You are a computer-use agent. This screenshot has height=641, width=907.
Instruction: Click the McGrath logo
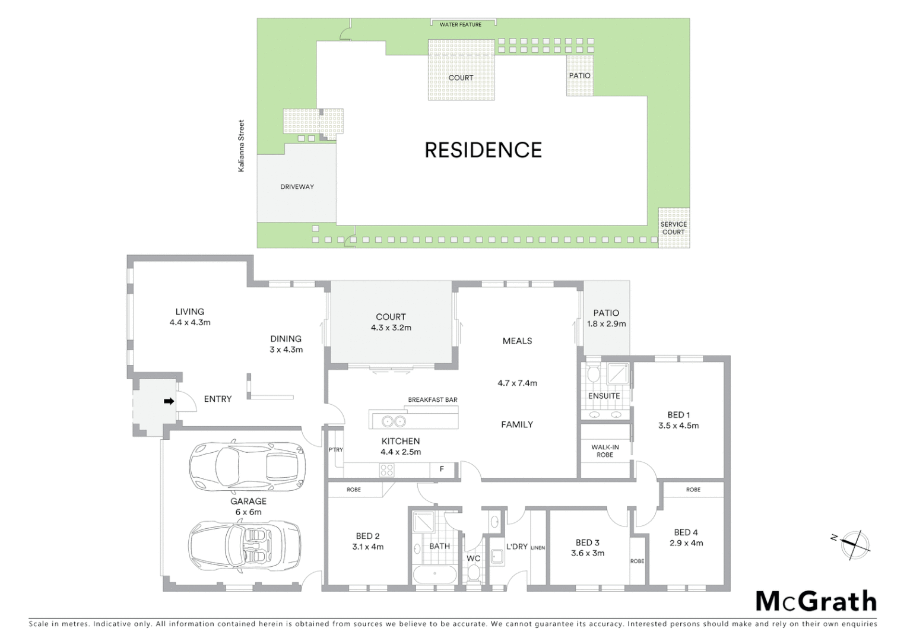(816, 601)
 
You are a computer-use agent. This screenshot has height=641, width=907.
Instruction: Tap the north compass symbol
(853, 545)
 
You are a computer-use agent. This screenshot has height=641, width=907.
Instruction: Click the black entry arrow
(169, 401)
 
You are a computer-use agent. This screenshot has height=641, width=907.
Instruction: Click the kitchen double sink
(394, 421)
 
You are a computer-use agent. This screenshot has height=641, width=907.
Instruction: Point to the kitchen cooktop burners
(386, 471)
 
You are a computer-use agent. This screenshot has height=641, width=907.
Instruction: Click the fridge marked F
(442, 469)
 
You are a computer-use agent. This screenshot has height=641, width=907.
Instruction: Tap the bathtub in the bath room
(435, 574)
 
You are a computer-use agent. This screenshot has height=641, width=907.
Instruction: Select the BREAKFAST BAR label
(433, 400)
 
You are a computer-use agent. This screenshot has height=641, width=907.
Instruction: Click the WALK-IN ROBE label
(605, 451)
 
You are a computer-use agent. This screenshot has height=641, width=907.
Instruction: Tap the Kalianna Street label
(241, 146)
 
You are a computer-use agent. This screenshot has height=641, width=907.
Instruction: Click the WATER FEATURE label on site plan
(461, 25)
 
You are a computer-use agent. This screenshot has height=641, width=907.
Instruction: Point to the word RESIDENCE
(483, 150)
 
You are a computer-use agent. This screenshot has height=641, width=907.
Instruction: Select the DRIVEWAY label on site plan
(297, 187)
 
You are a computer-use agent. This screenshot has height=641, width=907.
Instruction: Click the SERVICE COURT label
(674, 228)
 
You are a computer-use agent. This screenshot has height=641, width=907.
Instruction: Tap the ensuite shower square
(618, 374)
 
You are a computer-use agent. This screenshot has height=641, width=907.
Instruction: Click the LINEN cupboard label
(538, 548)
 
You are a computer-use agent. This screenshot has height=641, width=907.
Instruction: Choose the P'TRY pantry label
(336, 450)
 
